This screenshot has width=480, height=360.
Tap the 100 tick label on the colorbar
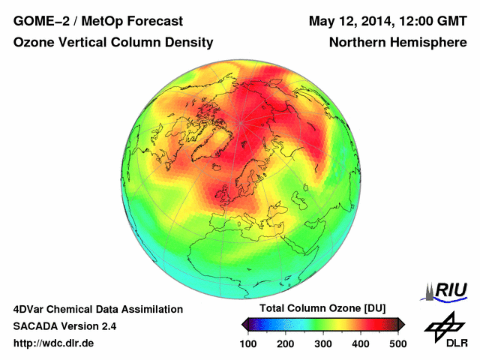tap(248, 343)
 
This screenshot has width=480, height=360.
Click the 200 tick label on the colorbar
tap(285, 343)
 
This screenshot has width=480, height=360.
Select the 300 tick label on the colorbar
tap(322, 343)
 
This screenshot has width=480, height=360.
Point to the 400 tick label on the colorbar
tap(360, 343)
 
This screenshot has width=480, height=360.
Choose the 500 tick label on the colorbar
tap(397, 343)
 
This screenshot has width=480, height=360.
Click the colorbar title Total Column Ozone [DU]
tap(322, 309)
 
